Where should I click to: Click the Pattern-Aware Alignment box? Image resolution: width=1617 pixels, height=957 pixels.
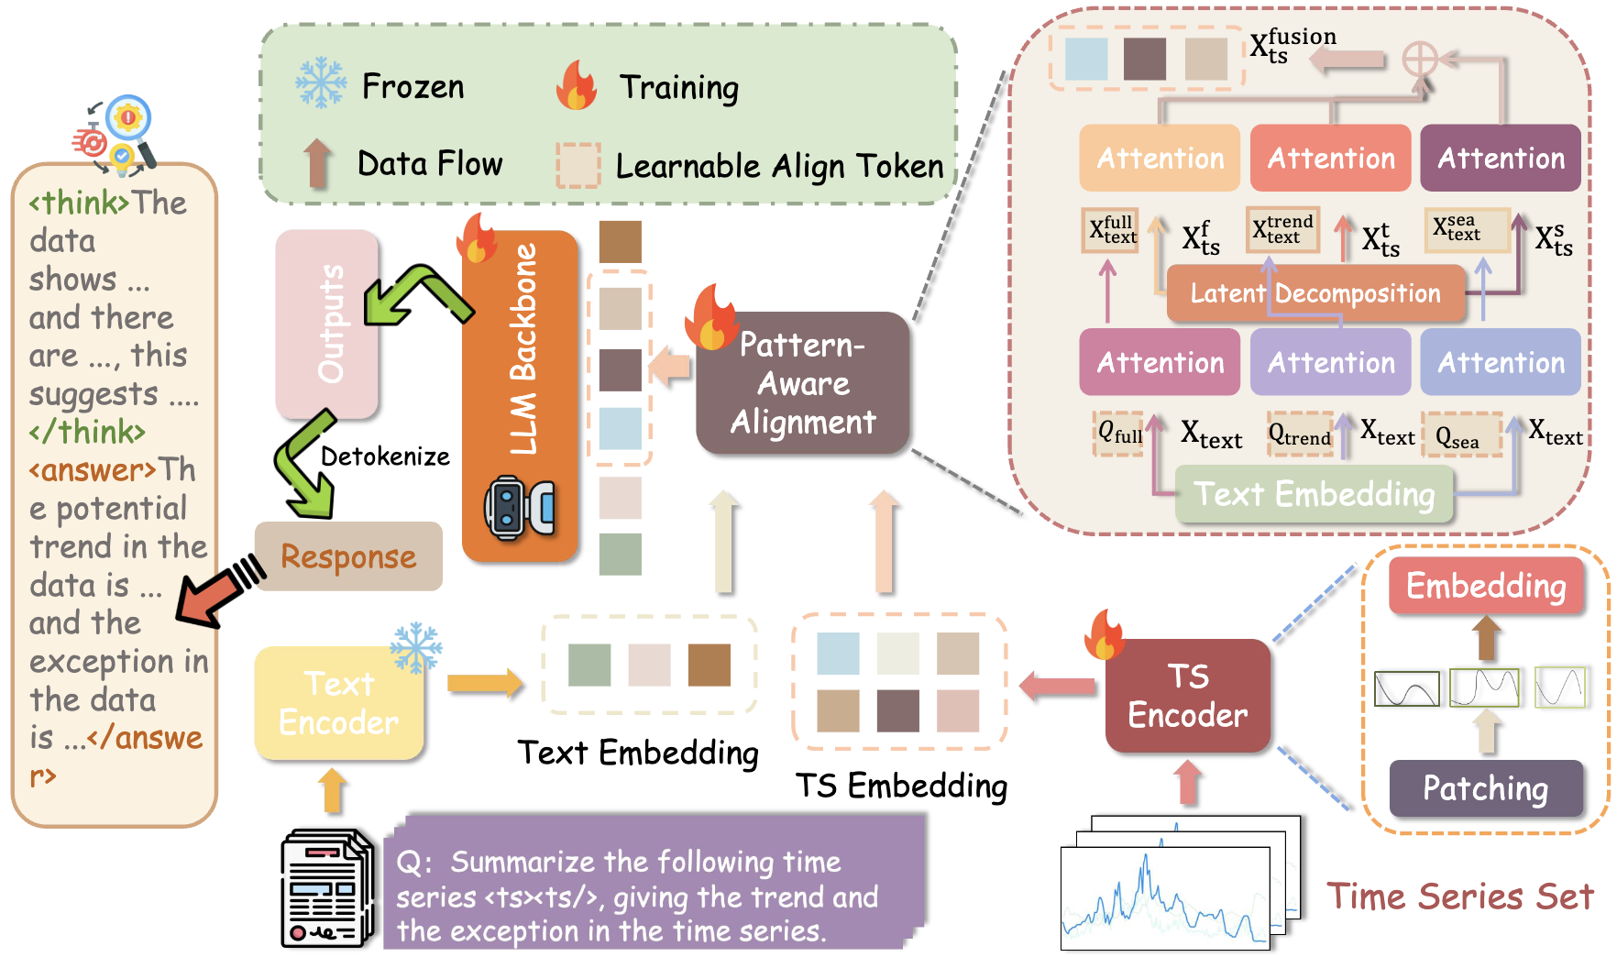click(803, 383)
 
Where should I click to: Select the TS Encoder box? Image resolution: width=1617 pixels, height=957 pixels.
click(1188, 696)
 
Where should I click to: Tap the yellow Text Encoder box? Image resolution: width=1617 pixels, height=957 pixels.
click(338, 703)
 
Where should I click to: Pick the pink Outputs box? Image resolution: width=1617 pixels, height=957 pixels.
click(327, 323)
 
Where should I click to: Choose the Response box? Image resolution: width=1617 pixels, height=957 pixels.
click(348, 556)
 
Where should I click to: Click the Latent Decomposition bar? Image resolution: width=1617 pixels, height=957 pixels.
click(1314, 293)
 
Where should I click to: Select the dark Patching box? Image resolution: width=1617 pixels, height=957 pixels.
click(1485, 788)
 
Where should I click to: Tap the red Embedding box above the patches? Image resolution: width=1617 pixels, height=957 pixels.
click(1485, 586)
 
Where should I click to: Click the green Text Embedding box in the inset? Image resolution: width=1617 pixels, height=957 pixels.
click(1314, 494)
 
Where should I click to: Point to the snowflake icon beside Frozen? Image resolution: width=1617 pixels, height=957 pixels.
click(321, 83)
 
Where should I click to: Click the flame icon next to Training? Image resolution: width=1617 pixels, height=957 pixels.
click(577, 85)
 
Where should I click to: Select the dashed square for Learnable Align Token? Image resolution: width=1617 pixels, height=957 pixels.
click(578, 165)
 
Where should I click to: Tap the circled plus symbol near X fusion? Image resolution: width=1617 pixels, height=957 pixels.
click(1420, 60)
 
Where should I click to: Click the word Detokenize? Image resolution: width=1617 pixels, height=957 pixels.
click(385, 456)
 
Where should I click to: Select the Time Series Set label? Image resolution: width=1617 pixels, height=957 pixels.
click(1459, 896)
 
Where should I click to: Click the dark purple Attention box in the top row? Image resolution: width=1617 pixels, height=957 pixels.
click(1500, 159)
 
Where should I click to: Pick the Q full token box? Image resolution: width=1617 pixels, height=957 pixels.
click(1119, 433)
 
